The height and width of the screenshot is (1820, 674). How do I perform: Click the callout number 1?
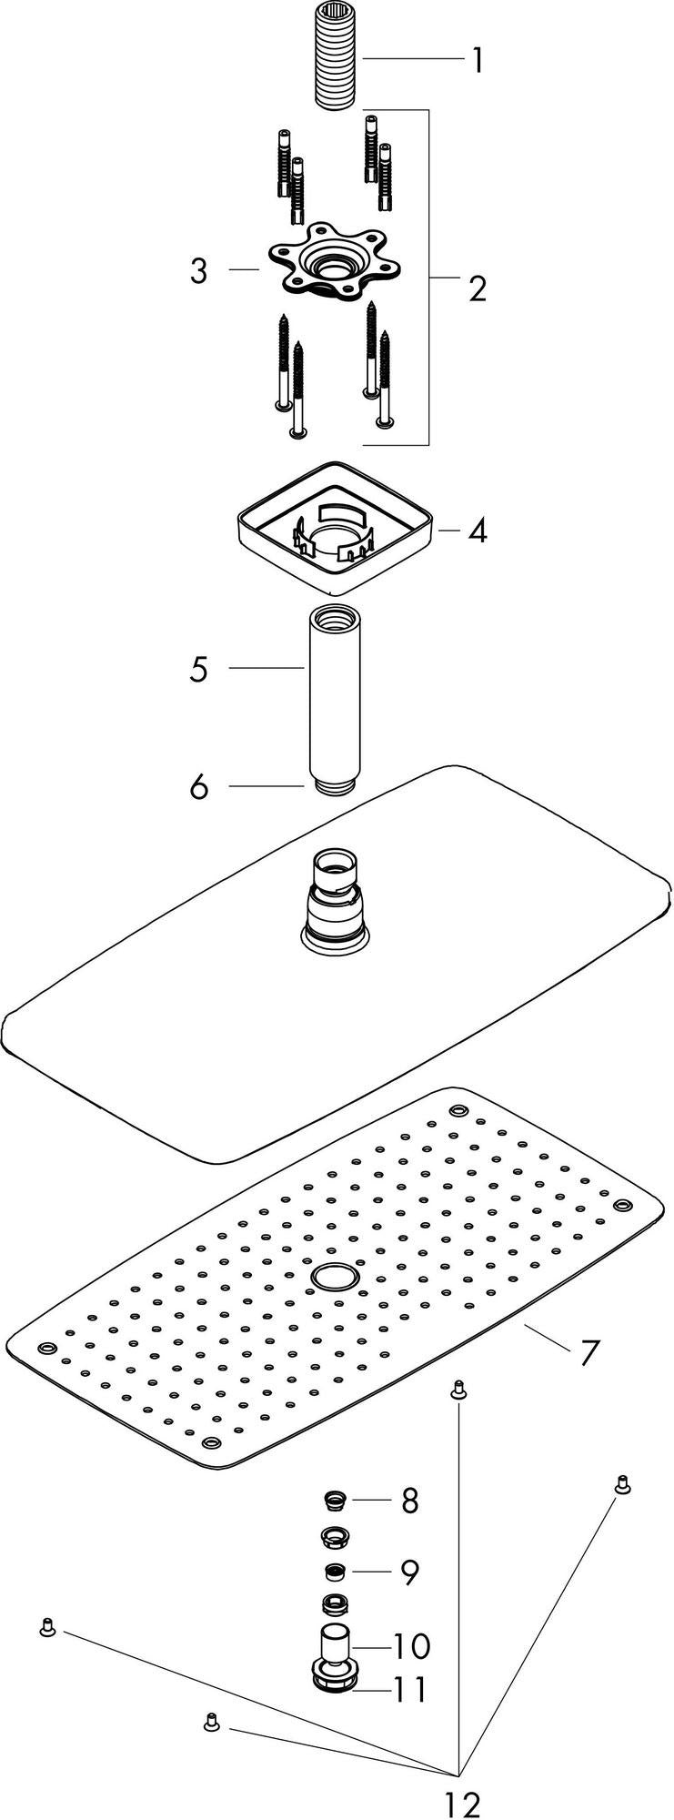point(477,61)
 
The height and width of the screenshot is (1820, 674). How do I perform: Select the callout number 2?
point(477,288)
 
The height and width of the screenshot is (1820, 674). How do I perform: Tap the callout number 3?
point(198,270)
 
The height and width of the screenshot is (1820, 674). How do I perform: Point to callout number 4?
point(478,530)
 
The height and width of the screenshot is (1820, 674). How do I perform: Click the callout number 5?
point(199,670)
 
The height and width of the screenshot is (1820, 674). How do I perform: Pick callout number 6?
point(199,786)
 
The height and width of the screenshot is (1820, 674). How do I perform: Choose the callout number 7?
point(589,1352)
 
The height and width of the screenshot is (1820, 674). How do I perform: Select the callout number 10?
point(410,1645)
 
